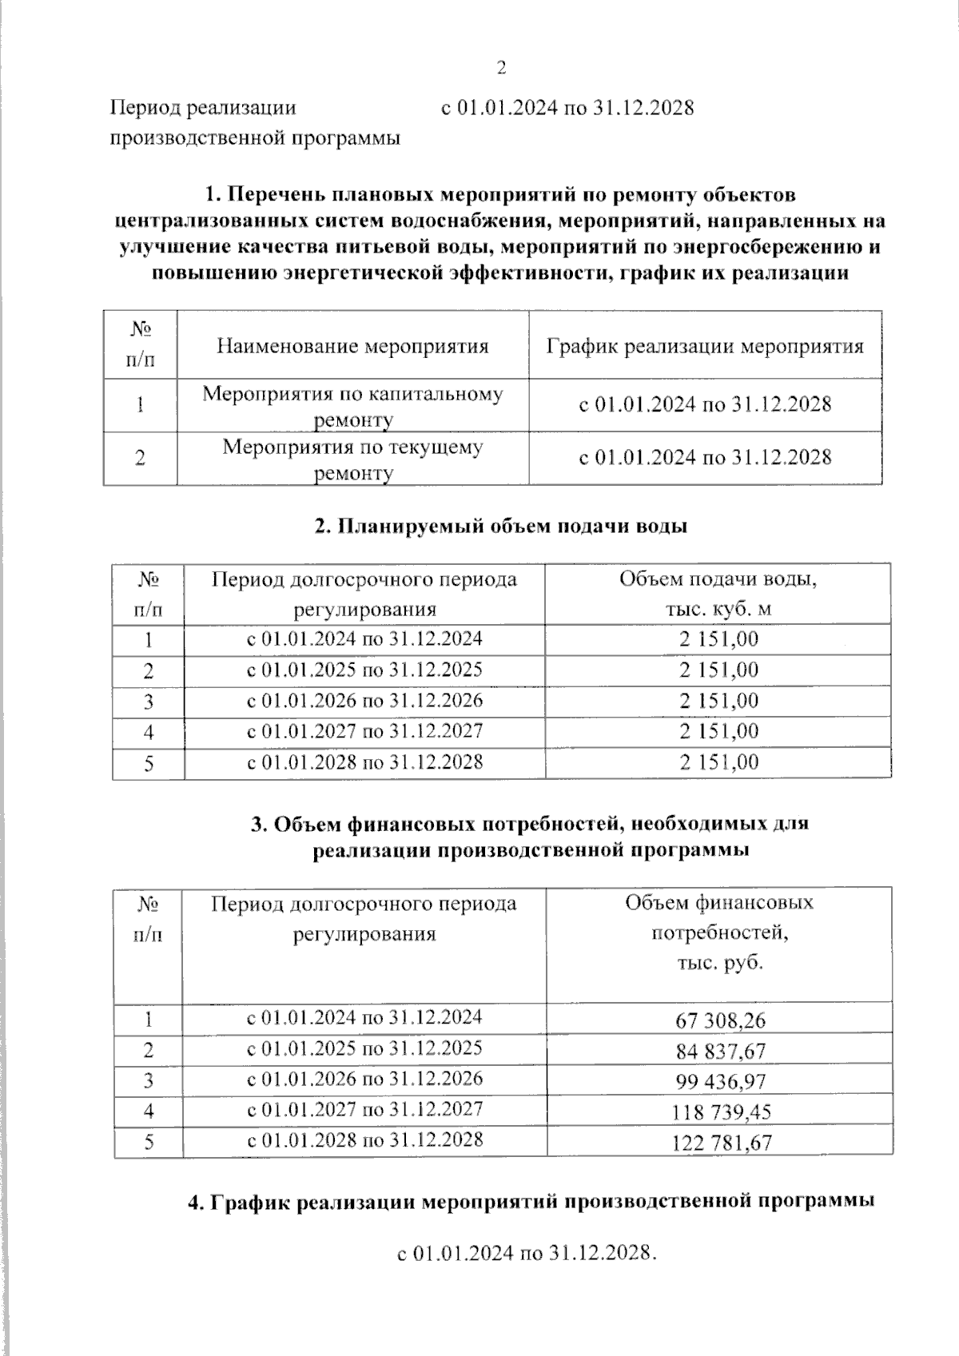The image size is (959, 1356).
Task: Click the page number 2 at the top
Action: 502,67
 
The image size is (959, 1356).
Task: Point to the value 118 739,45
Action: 721,1111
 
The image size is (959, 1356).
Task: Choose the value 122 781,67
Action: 721,1142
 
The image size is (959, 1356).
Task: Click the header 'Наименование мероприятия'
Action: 352,346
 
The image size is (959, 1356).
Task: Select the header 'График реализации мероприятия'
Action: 705,346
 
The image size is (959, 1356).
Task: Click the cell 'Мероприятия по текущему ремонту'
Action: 352,459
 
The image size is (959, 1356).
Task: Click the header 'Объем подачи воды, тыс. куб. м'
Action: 718,594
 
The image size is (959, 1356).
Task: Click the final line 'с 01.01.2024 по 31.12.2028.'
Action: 527,1253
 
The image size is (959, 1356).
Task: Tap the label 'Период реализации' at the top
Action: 203,107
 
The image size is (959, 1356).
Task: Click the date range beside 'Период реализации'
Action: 567,107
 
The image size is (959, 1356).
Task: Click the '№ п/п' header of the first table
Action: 140,344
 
